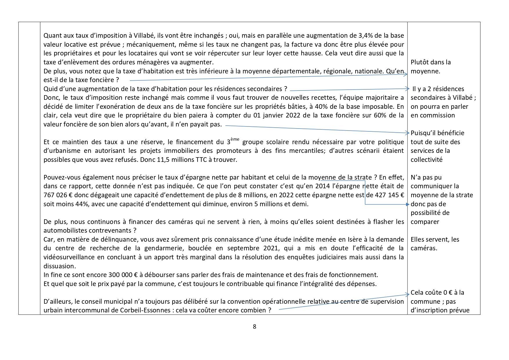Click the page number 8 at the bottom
[x=254, y=327]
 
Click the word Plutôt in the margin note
[x=420, y=62]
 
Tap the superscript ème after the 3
[x=235, y=140]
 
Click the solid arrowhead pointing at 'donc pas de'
[x=407, y=204]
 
